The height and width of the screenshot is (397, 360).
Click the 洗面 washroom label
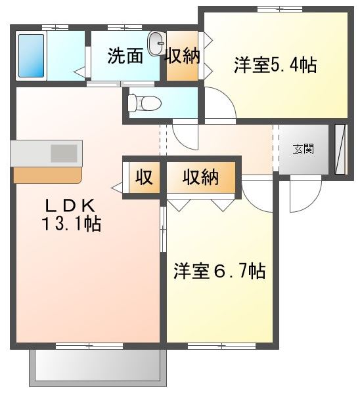(x=125, y=55)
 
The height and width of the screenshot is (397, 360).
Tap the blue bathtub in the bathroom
(x=31, y=56)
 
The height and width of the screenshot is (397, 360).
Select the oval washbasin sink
(x=156, y=43)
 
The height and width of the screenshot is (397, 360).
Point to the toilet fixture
(x=145, y=103)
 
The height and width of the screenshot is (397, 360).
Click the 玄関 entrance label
(x=304, y=148)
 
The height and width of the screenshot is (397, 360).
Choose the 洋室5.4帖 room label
(x=275, y=66)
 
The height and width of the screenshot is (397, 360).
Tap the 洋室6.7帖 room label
(x=219, y=271)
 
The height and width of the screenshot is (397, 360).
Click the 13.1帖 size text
(x=72, y=223)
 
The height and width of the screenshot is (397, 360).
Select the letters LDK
(x=70, y=206)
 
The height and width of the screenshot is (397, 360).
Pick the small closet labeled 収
(x=145, y=177)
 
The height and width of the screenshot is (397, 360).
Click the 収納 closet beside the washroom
(x=182, y=56)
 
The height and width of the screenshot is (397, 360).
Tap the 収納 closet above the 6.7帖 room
(x=200, y=177)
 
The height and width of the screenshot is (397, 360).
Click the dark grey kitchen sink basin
(x=64, y=153)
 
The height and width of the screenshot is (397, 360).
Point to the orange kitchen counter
(x=48, y=175)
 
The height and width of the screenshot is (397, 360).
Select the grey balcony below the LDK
(x=98, y=368)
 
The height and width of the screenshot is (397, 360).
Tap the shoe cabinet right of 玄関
(x=340, y=150)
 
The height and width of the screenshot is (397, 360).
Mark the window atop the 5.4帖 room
(x=280, y=9)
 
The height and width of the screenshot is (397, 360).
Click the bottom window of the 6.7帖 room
(x=222, y=346)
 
